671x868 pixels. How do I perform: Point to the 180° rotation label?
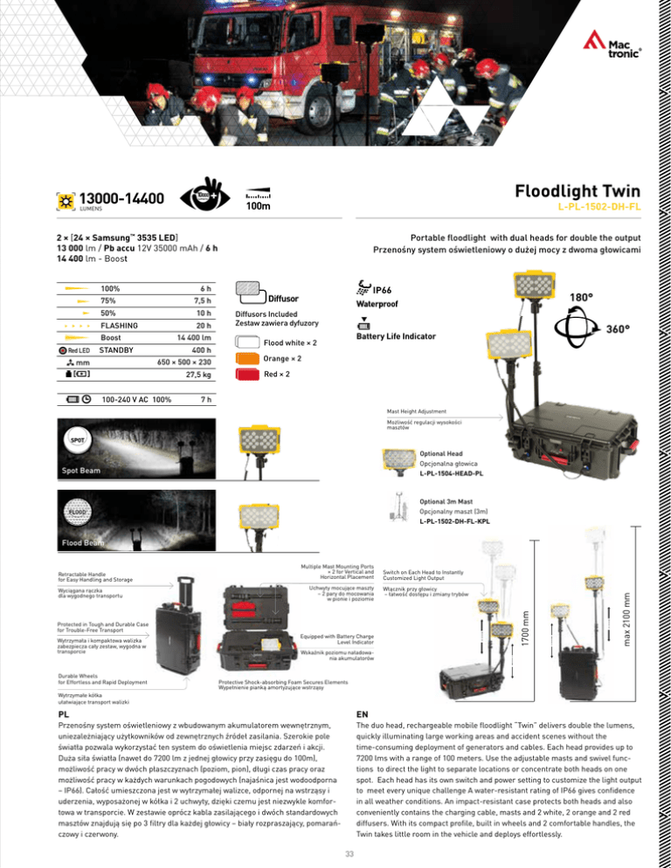[578, 298]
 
